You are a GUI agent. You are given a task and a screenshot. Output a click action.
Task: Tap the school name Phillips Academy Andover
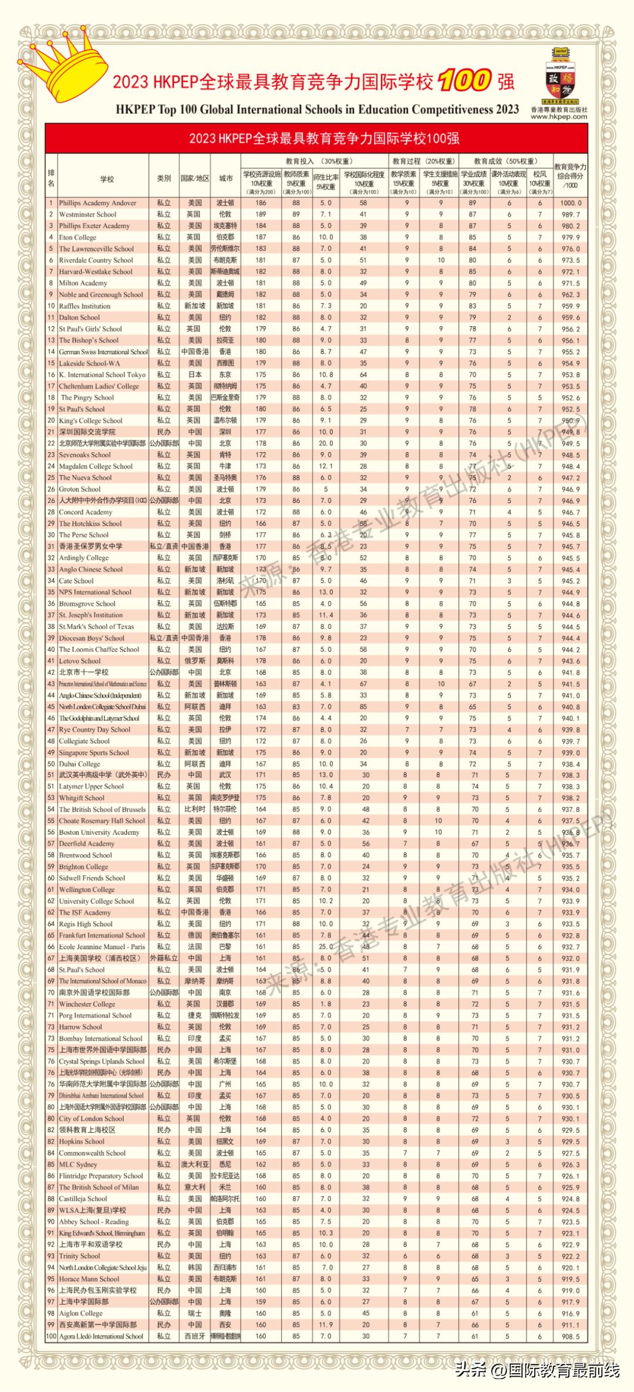click(x=97, y=203)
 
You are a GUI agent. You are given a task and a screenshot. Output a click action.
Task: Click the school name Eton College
click(x=77, y=238)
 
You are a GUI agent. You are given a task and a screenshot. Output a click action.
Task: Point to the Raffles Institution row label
click(x=85, y=306)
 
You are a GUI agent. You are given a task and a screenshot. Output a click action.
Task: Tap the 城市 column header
click(x=225, y=179)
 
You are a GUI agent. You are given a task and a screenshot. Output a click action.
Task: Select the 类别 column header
click(x=164, y=179)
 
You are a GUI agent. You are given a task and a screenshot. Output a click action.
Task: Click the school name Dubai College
click(x=79, y=764)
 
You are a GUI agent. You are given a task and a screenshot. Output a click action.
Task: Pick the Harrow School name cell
click(x=80, y=1027)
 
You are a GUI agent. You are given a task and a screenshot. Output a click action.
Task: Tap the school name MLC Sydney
click(x=78, y=1164)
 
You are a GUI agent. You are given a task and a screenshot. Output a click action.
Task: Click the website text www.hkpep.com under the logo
click(x=558, y=116)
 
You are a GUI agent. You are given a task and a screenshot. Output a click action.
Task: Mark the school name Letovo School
click(x=80, y=661)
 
